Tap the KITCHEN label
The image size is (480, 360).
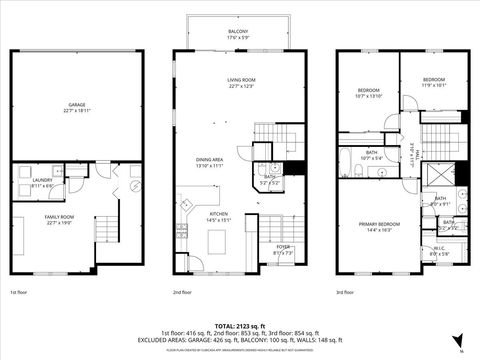tap(218, 216)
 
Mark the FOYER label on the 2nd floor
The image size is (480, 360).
tap(283, 249)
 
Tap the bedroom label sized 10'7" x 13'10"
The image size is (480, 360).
tap(369, 93)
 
